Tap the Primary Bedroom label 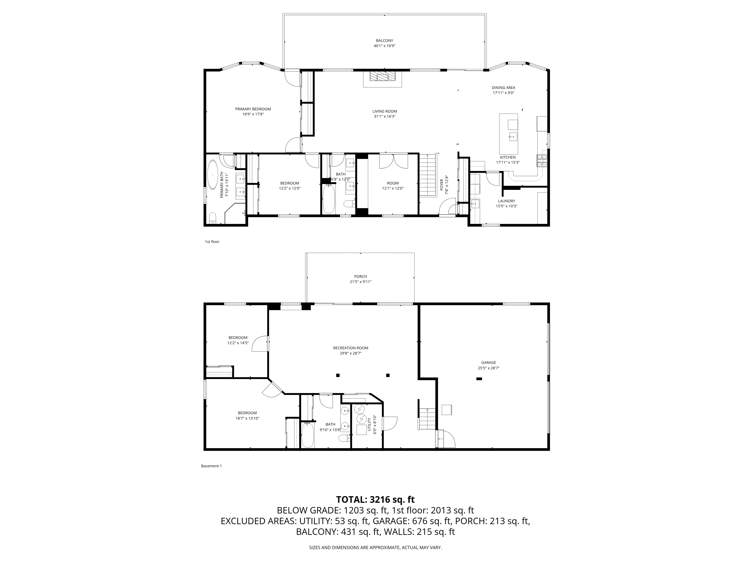point(253,109)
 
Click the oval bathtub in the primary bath point(213,175)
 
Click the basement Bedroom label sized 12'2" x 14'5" point(238,338)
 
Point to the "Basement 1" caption point(211,466)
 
